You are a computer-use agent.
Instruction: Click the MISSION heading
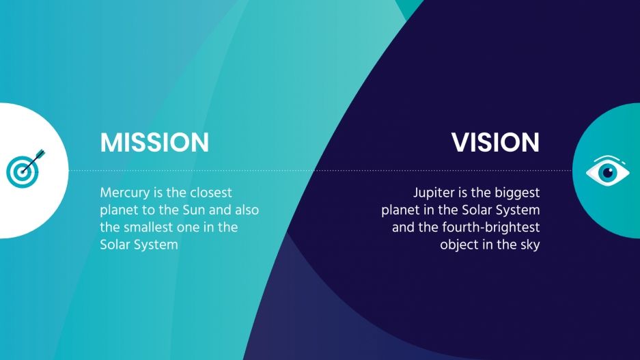tap(154, 143)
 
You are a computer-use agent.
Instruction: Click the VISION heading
tap(495, 143)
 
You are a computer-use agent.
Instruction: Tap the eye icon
tap(607, 171)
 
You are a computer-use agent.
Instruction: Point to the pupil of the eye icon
tap(607, 171)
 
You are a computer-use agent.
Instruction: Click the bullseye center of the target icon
tap(20, 171)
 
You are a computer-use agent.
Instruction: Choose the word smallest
tap(152, 227)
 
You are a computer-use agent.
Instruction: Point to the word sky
tap(529, 245)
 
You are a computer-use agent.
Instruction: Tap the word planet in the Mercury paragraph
tap(120, 210)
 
